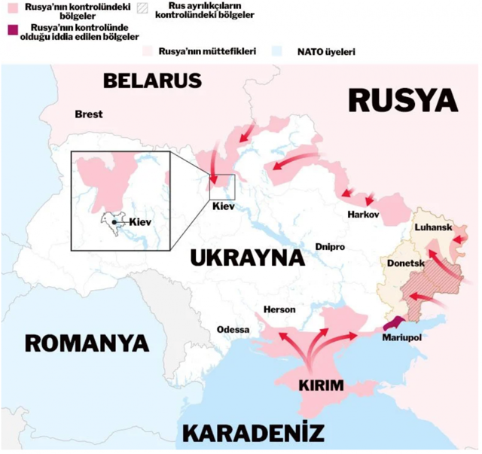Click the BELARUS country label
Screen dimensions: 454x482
coord(154,81)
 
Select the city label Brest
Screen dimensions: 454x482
coord(88,114)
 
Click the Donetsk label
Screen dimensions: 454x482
coord(405,264)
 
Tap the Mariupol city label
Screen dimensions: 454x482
coord(401,337)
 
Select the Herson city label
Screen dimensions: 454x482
coord(279,309)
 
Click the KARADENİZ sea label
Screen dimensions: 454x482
coord(254,434)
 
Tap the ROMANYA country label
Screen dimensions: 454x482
coord(87,343)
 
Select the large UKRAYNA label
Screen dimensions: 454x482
coord(246,257)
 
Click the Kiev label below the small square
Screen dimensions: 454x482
coord(224,205)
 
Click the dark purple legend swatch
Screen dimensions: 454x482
coord(10,29)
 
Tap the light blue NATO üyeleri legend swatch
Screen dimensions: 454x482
coord(278,52)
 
